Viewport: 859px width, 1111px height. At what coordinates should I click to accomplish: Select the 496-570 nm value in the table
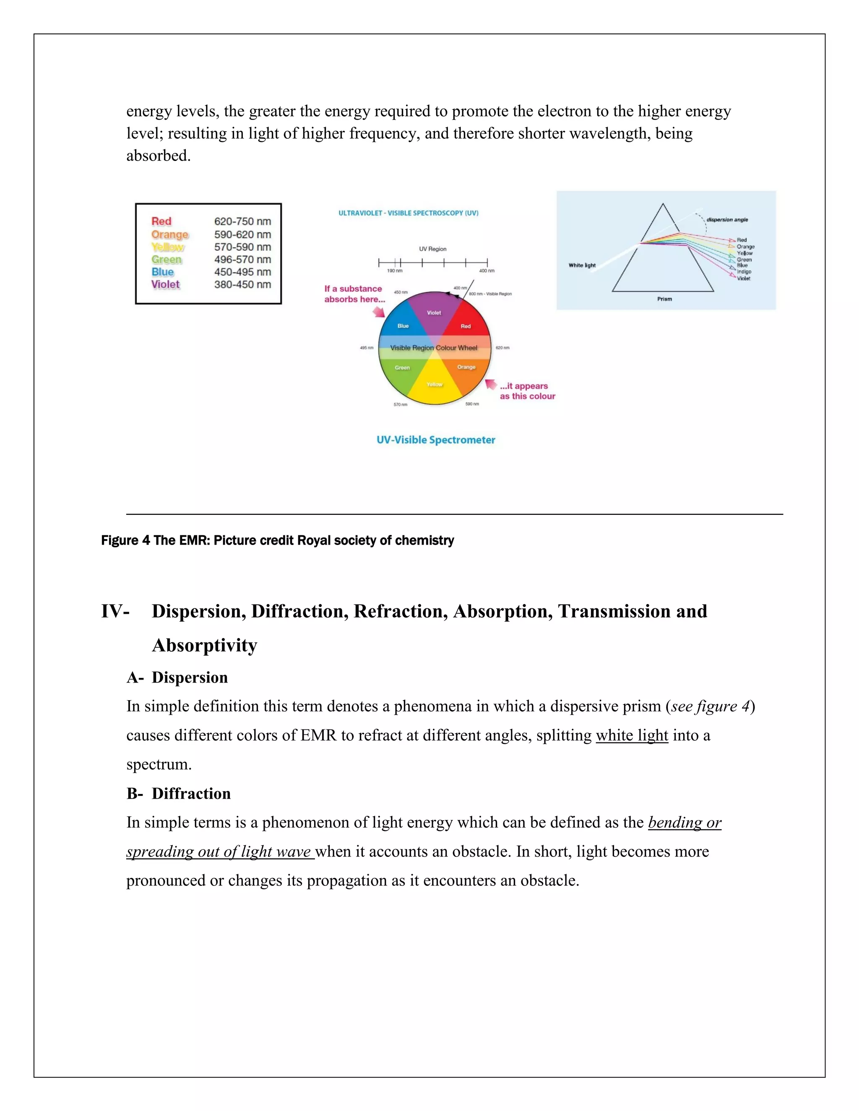coord(242,260)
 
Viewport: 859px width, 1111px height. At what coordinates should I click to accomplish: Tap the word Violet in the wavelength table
coord(165,284)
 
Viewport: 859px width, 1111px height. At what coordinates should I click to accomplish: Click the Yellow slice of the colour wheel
coord(435,384)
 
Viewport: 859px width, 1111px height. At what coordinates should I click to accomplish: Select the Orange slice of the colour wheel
coord(466,367)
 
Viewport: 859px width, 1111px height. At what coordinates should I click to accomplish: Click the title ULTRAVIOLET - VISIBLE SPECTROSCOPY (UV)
coord(408,213)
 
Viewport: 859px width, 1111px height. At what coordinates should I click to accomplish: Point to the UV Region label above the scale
coord(432,249)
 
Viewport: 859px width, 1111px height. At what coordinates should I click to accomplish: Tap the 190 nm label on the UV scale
coord(394,271)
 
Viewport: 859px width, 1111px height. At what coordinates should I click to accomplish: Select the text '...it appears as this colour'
coord(527,391)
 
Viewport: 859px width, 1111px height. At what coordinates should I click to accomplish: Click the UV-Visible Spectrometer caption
coord(436,440)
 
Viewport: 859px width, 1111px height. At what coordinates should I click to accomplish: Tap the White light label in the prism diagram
coord(582,265)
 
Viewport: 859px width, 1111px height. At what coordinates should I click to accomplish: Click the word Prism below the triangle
coord(664,299)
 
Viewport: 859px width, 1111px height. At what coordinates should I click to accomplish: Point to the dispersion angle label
coord(727,220)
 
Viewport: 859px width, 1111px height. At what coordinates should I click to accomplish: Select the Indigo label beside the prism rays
coord(744,272)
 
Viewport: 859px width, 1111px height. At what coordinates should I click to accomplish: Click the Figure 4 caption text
coord(277,540)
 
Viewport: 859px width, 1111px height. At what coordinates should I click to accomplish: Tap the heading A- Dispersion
coord(177,678)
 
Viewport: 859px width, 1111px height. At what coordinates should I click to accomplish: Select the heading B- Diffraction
coord(179,794)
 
